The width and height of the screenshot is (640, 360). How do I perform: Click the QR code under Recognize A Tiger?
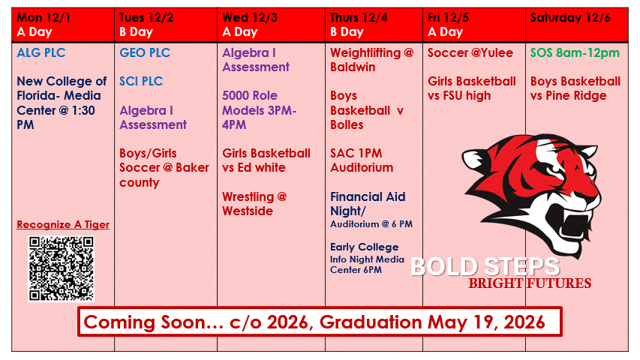coord(62,268)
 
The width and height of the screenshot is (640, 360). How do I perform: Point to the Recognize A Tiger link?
coord(63,224)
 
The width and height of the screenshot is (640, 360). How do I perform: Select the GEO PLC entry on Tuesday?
coord(145,52)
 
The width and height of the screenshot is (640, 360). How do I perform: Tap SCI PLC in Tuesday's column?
coord(141,81)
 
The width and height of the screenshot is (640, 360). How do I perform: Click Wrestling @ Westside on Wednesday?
coord(254,203)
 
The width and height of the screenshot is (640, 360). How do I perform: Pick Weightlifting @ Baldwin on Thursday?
coord(371,59)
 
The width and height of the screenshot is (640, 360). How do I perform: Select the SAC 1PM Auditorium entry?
coord(361,160)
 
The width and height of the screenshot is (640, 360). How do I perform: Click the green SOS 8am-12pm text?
coord(575,52)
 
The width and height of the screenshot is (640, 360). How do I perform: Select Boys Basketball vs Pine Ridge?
coord(575,88)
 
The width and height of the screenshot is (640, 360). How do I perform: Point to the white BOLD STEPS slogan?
coord(485,266)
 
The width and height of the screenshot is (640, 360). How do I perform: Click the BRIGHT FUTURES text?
coord(530,283)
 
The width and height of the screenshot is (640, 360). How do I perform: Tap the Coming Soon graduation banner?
coord(320,322)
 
